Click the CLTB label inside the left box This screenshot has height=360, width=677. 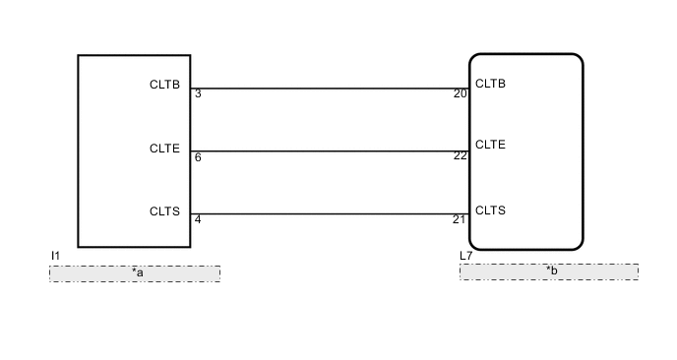point(164,85)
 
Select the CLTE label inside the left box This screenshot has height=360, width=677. point(164,149)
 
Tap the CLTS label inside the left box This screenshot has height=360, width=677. point(164,210)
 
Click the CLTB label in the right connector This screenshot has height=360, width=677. point(490,84)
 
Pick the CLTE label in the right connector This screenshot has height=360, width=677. point(490,145)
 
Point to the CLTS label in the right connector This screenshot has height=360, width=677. point(490,210)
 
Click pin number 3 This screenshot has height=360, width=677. point(198,94)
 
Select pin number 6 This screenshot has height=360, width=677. point(198,157)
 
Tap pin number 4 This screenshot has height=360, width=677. point(198,219)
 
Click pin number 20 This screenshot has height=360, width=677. point(460,94)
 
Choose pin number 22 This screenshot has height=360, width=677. point(460,155)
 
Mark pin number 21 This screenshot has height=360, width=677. point(460,219)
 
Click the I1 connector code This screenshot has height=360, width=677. point(56,256)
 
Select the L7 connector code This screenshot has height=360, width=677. point(466,256)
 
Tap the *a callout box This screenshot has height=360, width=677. point(135,272)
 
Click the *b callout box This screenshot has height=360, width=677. point(548,271)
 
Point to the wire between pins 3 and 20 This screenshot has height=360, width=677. point(330,89)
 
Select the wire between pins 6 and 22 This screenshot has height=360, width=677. point(330,151)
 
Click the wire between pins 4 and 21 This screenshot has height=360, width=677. point(330,213)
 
